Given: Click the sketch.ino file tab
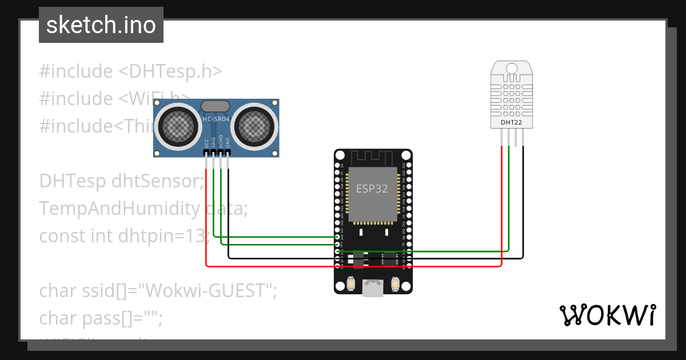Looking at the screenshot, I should (x=101, y=25).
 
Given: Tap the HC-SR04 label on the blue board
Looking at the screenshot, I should (x=216, y=119).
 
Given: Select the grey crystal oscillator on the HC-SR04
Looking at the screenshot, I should (x=216, y=106).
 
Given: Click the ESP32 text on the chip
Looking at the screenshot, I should (x=372, y=189).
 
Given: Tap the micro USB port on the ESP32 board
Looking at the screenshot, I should (x=373, y=289).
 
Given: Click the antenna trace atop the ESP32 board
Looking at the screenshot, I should (x=373, y=157).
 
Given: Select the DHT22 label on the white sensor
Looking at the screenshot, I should (x=512, y=122).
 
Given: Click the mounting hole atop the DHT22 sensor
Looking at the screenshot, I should (x=512, y=68).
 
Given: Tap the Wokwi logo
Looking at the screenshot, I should (x=607, y=315).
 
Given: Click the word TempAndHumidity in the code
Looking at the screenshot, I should (x=119, y=209).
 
